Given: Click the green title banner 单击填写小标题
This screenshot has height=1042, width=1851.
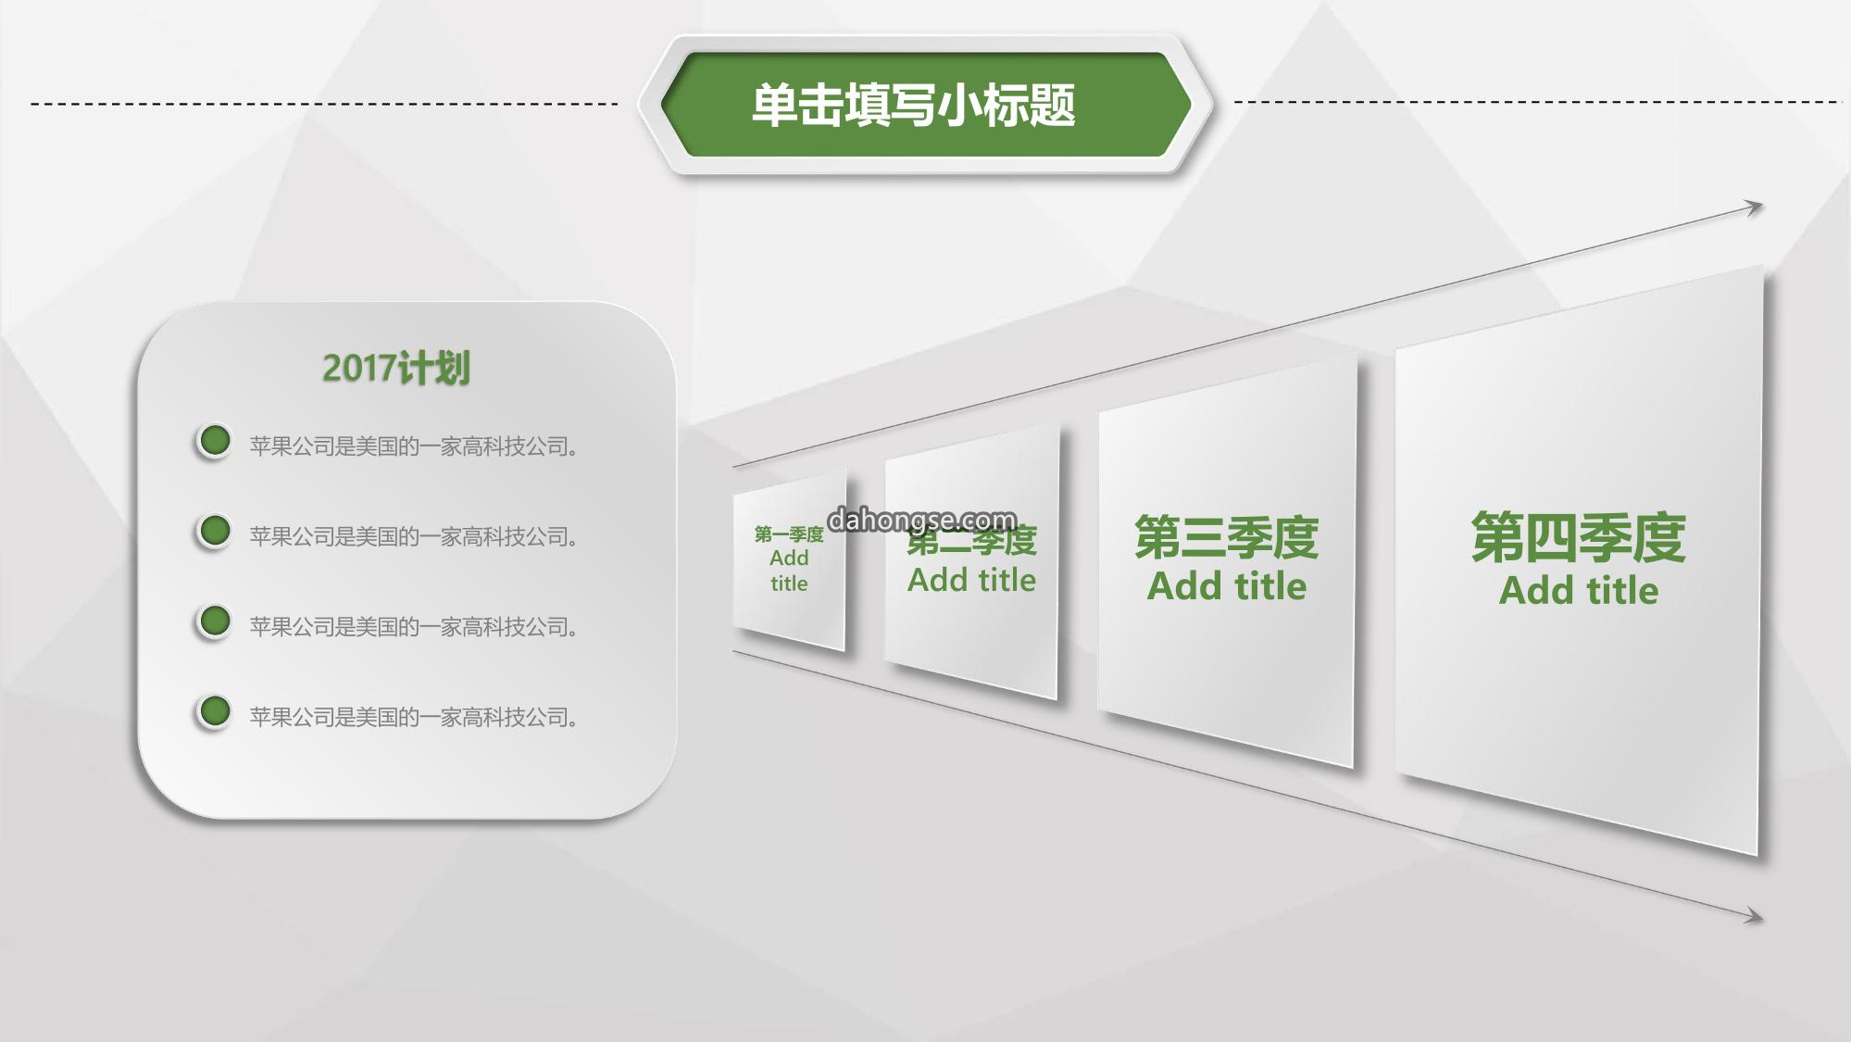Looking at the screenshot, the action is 925,105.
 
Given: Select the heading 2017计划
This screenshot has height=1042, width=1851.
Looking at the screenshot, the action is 396,369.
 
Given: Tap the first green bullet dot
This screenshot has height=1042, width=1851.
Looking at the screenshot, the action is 215,441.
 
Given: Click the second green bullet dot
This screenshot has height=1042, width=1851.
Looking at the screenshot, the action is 215,531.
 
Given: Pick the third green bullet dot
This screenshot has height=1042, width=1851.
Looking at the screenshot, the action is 215,621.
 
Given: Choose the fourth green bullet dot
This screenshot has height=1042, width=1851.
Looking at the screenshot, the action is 215,711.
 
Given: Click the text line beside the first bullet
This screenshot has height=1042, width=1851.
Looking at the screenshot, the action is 415,446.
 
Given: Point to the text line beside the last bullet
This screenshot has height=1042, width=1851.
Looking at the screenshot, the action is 415,717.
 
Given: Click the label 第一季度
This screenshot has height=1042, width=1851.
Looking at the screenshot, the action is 789,534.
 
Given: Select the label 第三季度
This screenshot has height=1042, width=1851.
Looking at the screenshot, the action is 1226,538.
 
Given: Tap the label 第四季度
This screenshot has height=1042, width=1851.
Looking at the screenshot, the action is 1578,538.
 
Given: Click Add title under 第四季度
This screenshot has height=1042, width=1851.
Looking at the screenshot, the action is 1578,590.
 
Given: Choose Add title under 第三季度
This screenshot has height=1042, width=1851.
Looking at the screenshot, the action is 1226,586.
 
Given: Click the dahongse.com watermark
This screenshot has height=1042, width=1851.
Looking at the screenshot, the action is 921,520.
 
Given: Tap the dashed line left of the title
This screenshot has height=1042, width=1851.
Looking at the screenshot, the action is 324,104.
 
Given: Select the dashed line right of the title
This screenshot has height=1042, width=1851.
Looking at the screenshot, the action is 1538,102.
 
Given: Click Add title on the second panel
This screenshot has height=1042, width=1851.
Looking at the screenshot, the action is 971,580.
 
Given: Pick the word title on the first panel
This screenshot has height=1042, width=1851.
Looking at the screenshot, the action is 789,584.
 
